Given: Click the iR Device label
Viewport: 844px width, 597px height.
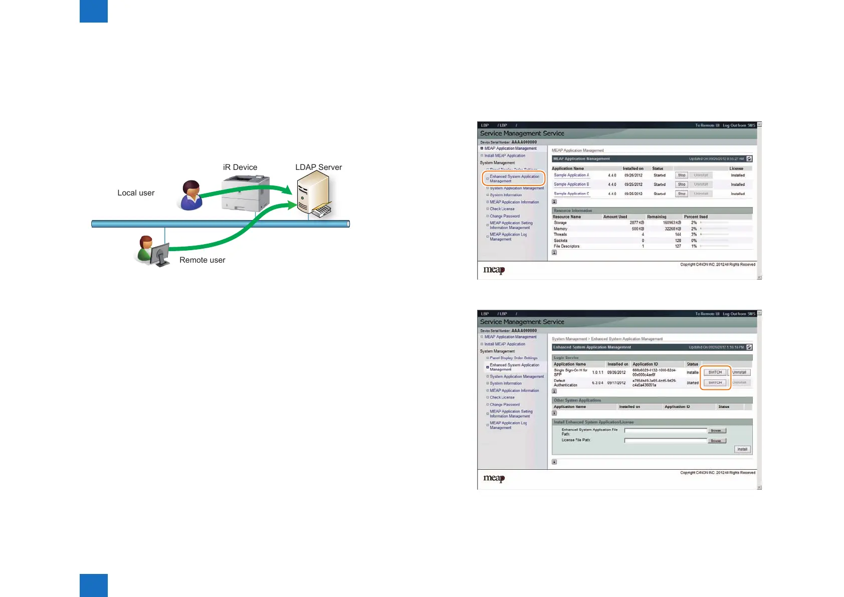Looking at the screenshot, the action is pyautogui.click(x=240, y=167).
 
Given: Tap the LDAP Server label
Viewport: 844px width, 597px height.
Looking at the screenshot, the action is pyautogui.click(x=318, y=167).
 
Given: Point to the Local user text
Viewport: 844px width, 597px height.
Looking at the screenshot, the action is pyautogui.click(x=136, y=193).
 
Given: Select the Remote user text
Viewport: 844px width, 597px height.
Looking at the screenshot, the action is pyautogui.click(x=202, y=260).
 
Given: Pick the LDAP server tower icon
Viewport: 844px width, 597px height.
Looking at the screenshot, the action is pyautogui.click(x=313, y=193).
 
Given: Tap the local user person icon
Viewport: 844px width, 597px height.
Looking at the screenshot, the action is pyautogui.click(x=191, y=195).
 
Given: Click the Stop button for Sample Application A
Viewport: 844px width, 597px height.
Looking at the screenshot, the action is pyautogui.click(x=682, y=175).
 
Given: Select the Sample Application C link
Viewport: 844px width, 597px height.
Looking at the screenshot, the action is pyautogui.click(x=571, y=193).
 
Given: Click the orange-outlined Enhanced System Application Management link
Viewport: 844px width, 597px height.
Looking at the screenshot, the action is pyautogui.click(x=514, y=178).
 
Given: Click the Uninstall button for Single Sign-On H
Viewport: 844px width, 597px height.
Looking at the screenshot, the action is pyautogui.click(x=739, y=372).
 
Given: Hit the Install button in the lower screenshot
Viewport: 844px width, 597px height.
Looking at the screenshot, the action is pyautogui.click(x=742, y=449).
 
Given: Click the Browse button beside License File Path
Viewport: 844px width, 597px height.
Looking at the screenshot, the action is pyautogui.click(x=716, y=441).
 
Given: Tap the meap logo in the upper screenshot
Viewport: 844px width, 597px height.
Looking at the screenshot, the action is pyautogui.click(x=494, y=270).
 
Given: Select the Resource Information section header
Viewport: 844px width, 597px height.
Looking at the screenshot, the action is pyautogui.click(x=573, y=211).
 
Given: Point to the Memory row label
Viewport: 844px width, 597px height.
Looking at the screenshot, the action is pyautogui.click(x=560, y=229).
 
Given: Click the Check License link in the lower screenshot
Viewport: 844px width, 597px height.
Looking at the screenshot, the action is pyautogui.click(x=502, y=397).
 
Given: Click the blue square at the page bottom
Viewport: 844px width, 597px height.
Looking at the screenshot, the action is pyautogui.click(x=94, y=585).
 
